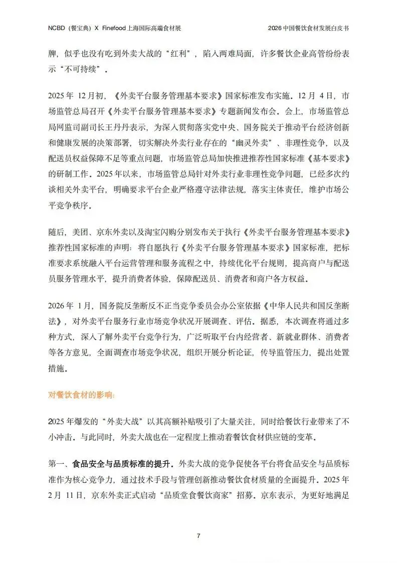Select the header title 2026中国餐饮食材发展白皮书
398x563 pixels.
308,28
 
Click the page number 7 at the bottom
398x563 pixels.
199,536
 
